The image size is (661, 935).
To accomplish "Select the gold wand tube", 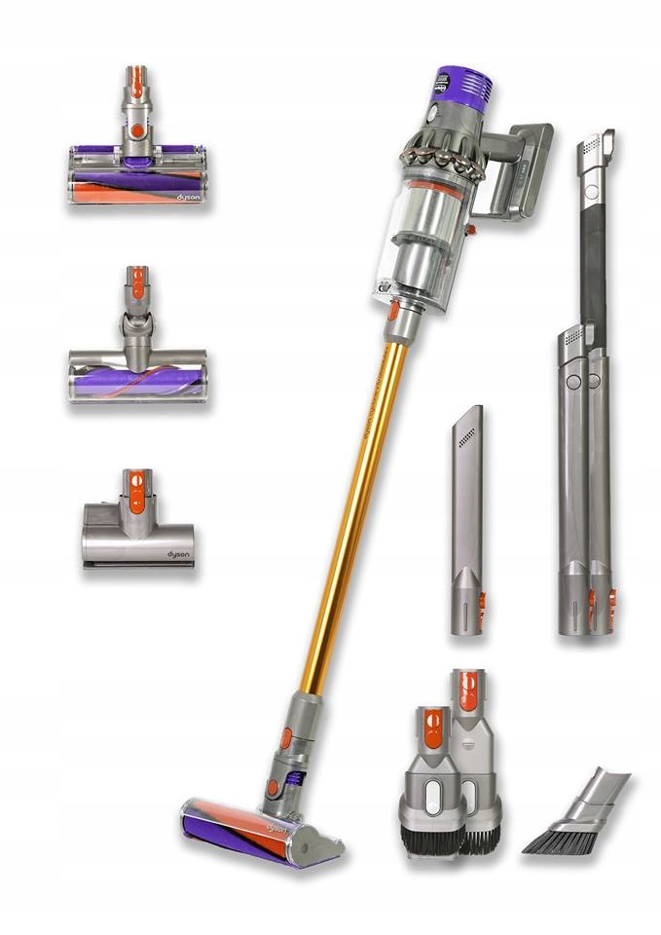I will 351,506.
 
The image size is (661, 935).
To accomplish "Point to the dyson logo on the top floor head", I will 189,195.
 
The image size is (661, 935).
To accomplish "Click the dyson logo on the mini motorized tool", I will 178,556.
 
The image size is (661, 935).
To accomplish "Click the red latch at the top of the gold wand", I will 392,313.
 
